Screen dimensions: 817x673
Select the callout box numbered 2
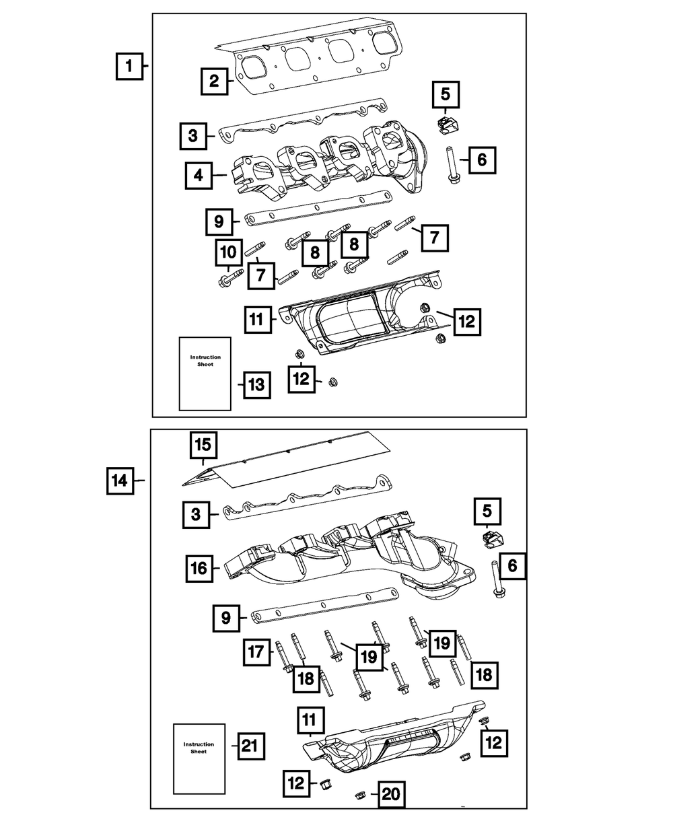[x=214, y=82]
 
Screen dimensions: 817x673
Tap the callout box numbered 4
[x=198, y=176]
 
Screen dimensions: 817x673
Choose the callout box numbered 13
[x=256, y=385]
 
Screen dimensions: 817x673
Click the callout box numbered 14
[x=119, y=481]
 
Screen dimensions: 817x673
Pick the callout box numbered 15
[x=203, y=446]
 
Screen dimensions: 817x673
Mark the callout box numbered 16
[x=200, y=568]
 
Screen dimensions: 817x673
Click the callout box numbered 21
[x=249, y=745]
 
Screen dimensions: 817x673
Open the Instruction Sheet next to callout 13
[x=205, y=373]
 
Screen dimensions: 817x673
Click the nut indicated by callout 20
[x=359, y=795]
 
